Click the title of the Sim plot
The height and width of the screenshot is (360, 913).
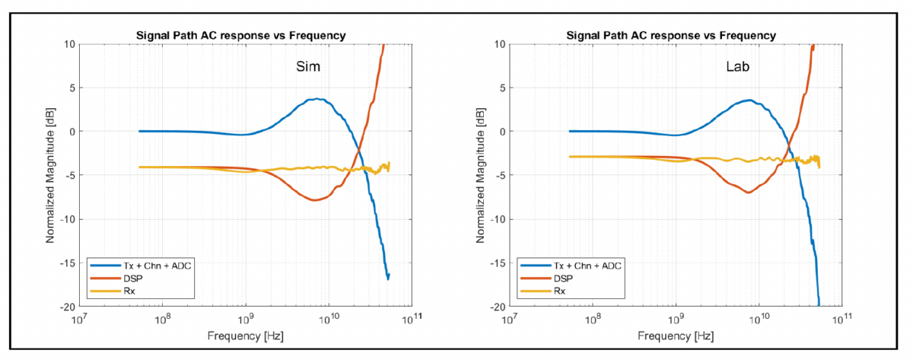(245, 35)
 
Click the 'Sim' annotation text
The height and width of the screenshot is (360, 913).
(308, 68)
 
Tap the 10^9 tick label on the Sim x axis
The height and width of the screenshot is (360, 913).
(245, 318)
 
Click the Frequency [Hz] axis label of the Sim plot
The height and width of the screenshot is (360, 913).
(245, 336)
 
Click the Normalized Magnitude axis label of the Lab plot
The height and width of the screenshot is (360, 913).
(481, 175)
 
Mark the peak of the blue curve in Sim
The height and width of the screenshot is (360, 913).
(318, 99)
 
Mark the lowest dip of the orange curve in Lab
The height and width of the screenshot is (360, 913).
(748, 192)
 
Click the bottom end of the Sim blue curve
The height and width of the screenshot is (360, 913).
(388, 279)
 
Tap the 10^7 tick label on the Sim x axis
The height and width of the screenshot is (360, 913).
(79, 318)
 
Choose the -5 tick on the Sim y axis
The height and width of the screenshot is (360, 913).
(68, 175)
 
